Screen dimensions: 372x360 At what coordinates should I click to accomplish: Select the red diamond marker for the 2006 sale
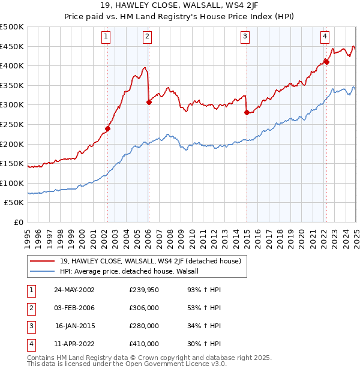pyautogui.click(x=148, y=102)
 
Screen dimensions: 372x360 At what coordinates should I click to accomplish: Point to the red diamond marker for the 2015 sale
pyautogui.click(x=247, y=112)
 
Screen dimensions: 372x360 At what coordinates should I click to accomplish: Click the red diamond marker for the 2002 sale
pyautogui.click(x=108, y=128)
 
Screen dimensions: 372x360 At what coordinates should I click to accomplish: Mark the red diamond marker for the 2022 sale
pyautogui.click(x=326, y=61)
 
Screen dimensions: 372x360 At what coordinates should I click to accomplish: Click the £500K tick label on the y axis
pyautogui.click(x=12, y=27)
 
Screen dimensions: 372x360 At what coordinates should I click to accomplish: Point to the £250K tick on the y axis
pyautogui.click(x=12, y=124)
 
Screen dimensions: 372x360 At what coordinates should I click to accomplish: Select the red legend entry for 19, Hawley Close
pyautogui.click(x=150, y=261)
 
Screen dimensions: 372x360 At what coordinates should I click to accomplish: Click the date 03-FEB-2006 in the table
pyautogui.click(x=74, y=308)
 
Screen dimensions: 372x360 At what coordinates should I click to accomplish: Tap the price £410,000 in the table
pyautogui.click(x=143, y=344)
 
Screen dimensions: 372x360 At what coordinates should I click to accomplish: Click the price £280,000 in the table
pyautogui.click(x=143, y=326)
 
